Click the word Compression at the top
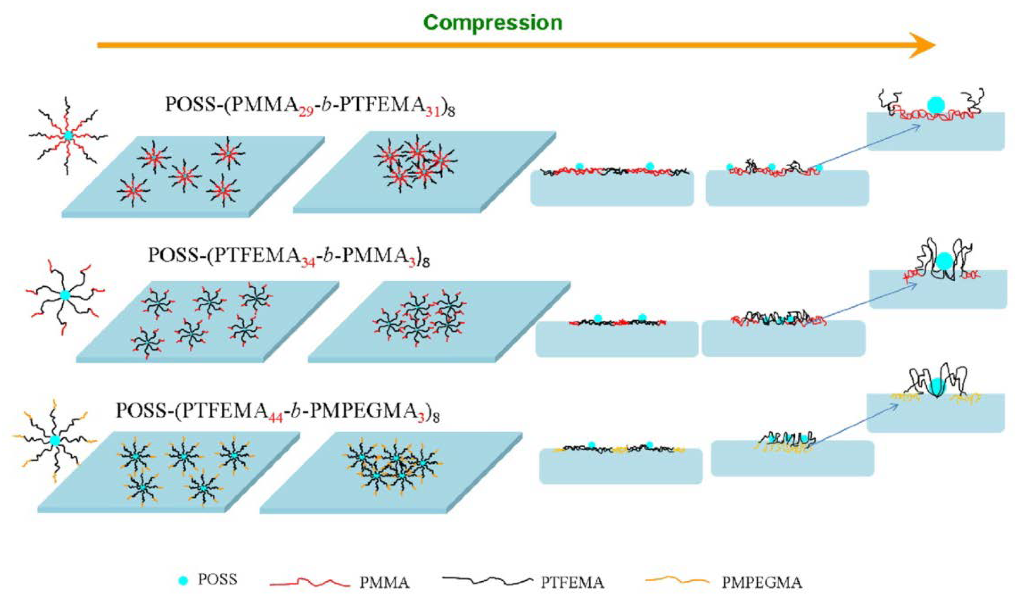coord(493,23)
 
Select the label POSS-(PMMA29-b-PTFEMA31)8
coord(310,105)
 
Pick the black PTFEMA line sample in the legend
coord(487,581)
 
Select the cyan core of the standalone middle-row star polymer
coord(65,295)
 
